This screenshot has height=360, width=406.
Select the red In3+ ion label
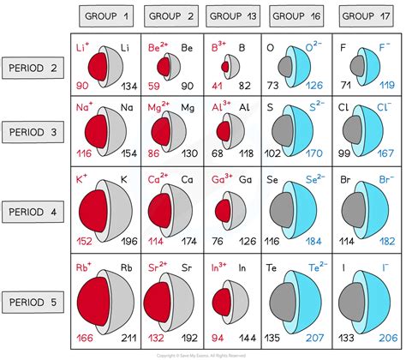(219, 254)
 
